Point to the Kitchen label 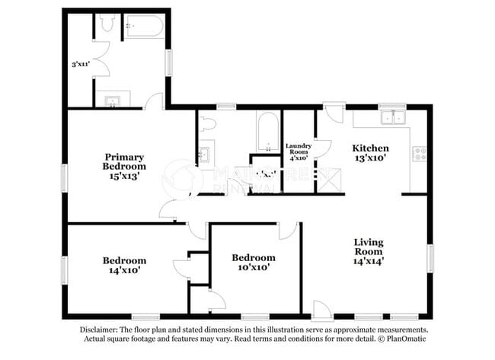coord(370,148)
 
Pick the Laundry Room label coord(297,148)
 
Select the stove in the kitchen coord(419,155)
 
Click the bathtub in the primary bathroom coord(144,27)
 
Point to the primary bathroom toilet coord(107,24)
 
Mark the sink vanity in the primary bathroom coord(112,100)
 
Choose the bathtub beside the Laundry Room coord(268,131)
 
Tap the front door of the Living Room coord(321,309)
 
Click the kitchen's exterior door coord(333,114)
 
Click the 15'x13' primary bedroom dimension coord(124,175)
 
